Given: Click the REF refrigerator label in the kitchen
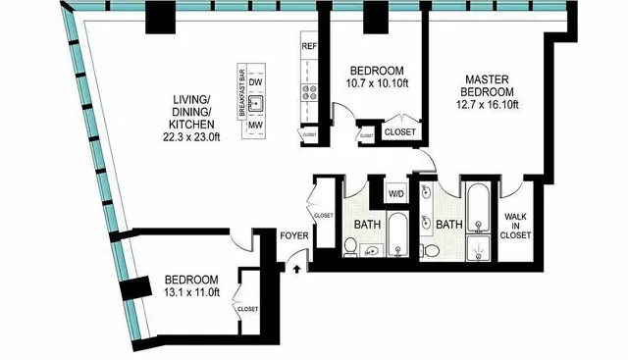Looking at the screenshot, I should (x=309, y=46).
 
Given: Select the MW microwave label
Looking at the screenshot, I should (x=254, y=124).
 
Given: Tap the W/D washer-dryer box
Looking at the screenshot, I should (x=396, y=192).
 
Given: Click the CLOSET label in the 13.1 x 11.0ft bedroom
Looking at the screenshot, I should (x=246, y=309).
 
